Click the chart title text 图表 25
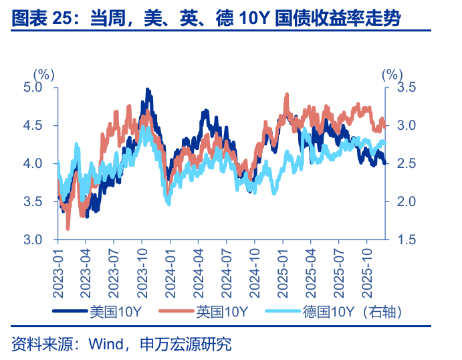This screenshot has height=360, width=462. [x=41, y=18]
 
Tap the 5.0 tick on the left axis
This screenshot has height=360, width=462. [x=32, y=87]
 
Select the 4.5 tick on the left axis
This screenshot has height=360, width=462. [x=32, y=125]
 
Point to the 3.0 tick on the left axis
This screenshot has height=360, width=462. [x=32, y=240]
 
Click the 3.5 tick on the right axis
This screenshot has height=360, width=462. [x=407, y=87]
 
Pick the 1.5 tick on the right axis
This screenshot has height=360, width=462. [x=407, y=240]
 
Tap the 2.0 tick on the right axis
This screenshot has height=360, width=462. [x=407, y=201]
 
